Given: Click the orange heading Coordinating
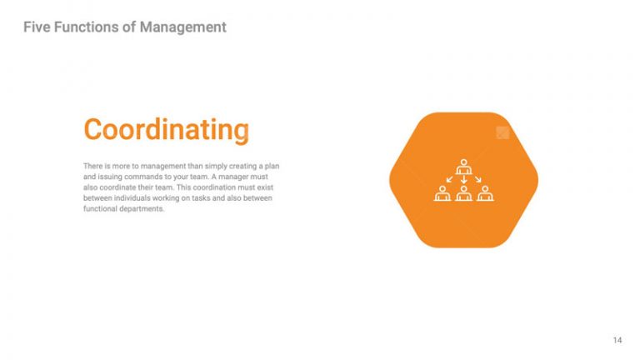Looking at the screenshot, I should point(166,130).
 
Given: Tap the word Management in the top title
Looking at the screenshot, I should point(182,27).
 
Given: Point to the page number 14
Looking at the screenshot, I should point(617,340).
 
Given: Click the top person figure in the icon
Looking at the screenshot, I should point(463,166).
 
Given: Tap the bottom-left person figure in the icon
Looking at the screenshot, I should point(442,193).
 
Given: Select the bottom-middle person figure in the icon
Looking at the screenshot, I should point(463,193).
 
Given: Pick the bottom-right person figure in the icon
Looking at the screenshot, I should point(484,193).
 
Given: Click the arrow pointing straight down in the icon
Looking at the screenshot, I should point(463,178).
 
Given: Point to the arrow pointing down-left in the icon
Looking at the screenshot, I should point(450,178).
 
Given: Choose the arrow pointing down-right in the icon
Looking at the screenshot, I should point(477,178).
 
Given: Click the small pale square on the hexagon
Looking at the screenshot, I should point(502,132).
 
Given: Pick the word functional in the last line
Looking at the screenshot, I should point(102,209).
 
